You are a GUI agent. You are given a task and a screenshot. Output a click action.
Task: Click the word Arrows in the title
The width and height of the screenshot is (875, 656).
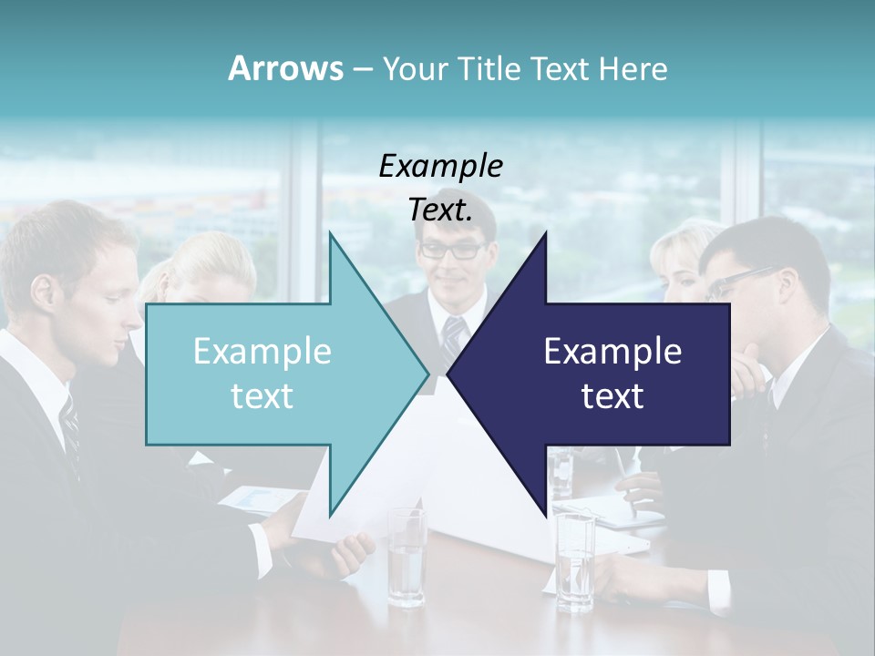[285, 68]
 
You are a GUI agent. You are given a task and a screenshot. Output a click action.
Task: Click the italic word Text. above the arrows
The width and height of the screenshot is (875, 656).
[440, 210]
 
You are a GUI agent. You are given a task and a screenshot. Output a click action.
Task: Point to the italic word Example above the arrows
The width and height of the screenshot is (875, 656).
[440, 167]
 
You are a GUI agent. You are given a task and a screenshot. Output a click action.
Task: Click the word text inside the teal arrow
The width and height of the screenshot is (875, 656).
[262, 396]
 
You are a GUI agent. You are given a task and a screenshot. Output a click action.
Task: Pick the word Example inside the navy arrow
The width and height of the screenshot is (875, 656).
[612, 351]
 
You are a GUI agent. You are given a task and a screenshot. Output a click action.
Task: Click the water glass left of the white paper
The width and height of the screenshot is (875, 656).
[407, 558]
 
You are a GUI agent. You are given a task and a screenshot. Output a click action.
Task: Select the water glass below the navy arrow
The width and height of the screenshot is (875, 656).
[575, 560]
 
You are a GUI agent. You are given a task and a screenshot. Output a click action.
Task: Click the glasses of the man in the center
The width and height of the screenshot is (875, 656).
[451, 250]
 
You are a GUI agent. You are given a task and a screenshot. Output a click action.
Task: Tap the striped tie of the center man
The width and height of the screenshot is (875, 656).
[453, 339]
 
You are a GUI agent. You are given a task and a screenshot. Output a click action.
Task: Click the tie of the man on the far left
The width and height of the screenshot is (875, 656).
[70, 428]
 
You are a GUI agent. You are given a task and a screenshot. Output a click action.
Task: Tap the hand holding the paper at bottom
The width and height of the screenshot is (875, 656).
[351, 552]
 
